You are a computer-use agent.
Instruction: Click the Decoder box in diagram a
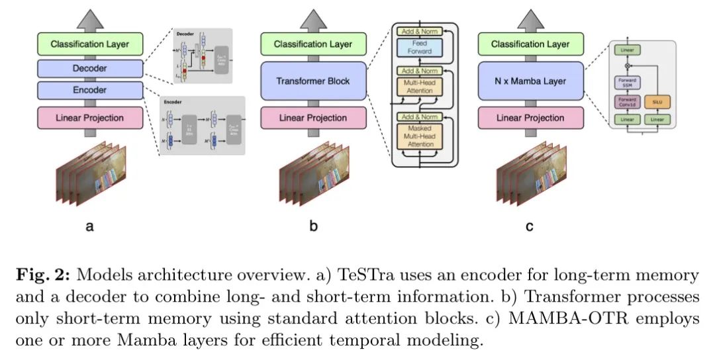click(90, 67)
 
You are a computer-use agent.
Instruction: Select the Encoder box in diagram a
click(90, 91)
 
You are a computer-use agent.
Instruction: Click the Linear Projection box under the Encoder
click(90, 118)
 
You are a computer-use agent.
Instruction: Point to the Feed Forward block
click(418, 47)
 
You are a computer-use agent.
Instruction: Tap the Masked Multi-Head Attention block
click(418, 136)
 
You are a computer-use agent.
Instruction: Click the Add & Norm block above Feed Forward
click(418, 30)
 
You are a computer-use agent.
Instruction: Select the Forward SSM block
click(625, 83)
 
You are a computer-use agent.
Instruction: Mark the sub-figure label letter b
click(313, 227)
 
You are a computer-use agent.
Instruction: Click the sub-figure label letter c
click(530, 227)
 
